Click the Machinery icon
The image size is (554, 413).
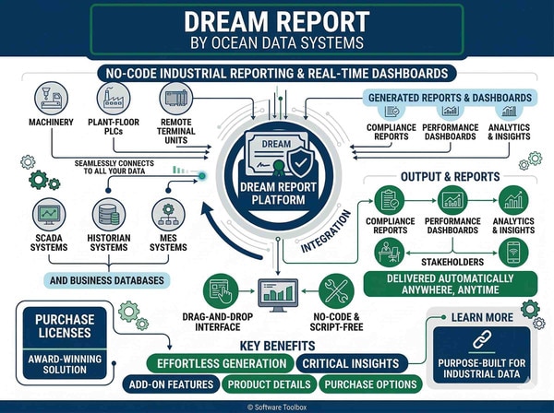pos(51,98)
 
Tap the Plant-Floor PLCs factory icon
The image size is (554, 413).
pos(114,98)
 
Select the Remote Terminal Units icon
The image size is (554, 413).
pos(176,98)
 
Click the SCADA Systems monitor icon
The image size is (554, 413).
pos(49,215)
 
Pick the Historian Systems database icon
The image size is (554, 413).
pos(109,215)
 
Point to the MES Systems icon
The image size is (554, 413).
pos(168,215)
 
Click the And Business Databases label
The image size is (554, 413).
pos(107,280)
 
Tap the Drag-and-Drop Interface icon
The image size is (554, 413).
pos(221,291)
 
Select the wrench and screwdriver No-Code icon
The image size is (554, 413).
pos(336,291)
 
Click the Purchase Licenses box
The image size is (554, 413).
pos(65,326)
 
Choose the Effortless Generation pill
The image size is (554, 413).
pos(220,363)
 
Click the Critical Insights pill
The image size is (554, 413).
pos(351,363)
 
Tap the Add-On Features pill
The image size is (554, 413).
pos(171,384)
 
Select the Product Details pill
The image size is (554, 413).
pos(269,384)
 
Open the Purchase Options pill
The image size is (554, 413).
pos(370,384)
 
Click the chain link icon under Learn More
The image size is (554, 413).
pos(482,339)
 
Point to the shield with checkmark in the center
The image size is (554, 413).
pos(301,162)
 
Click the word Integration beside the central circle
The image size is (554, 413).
pos(326,231)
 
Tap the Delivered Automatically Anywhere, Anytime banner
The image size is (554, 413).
pos(451,284)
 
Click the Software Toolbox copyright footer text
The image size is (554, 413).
pos(277,407)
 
